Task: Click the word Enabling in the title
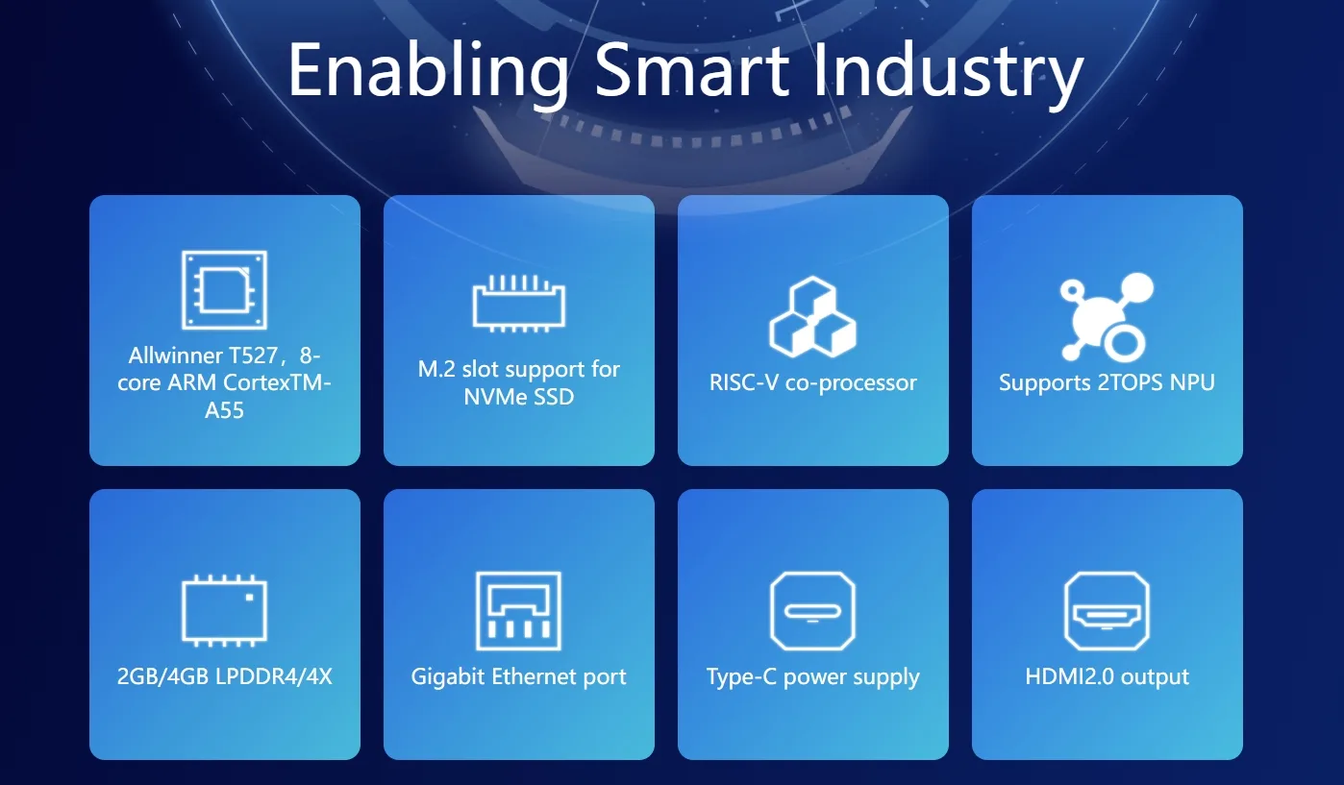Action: coord(429,73)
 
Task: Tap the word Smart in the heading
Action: coord(692,68)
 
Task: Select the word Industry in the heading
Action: coord(948,73)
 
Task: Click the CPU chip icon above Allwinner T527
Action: coord(224,289)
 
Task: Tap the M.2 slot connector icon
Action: coord(519,304)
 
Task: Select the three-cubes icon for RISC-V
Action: coord(813,316)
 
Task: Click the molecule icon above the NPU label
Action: coord(1107,317)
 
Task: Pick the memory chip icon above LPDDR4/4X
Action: coord(224,610)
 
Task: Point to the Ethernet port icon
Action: coord(518,610)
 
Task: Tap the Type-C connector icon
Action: coord(813,610)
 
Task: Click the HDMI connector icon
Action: coord(1107,610)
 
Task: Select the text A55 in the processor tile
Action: coord(224,410)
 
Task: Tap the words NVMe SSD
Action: coord(519,397)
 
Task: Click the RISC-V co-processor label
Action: coord(813,382)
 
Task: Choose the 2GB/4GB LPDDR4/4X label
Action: coord(224,676)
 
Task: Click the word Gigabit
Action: coord(448,677)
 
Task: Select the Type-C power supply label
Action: coord(813,677)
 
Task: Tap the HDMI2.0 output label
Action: coord(1107,677)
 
